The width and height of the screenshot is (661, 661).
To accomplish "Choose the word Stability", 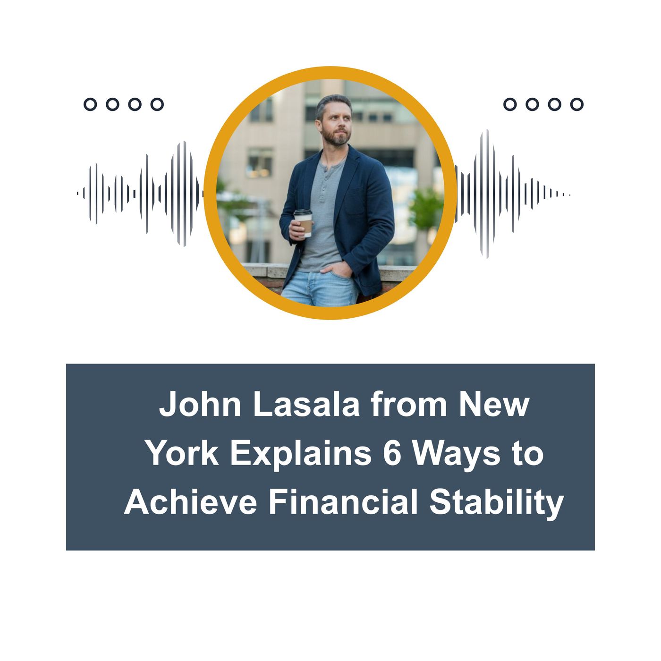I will pos(496,502).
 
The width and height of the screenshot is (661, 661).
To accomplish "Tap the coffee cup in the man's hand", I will pos(303,222).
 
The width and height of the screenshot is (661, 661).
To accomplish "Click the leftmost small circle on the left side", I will pos(90,104).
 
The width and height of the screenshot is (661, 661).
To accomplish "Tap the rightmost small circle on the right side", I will pos(576,104).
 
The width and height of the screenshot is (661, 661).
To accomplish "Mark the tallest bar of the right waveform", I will pos(487,194).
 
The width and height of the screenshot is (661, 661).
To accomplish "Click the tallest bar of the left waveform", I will pos(184,194).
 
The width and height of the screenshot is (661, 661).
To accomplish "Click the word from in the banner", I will pos(409,405).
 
